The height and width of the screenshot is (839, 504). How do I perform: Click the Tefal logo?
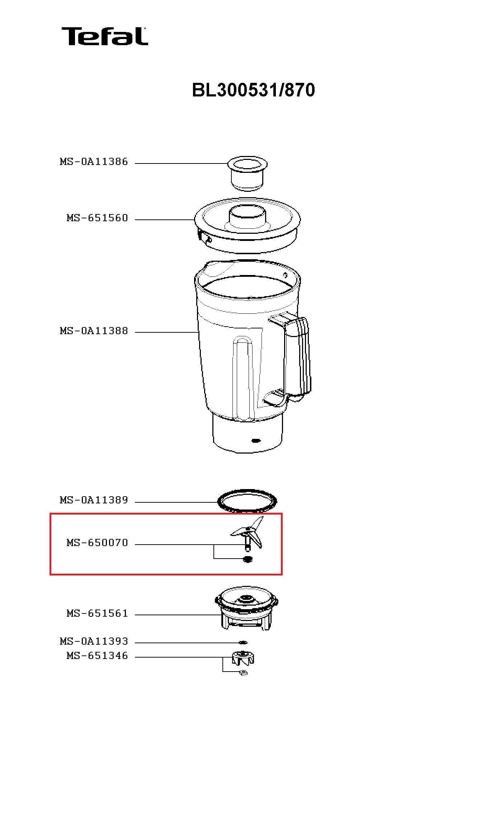click(104, 36)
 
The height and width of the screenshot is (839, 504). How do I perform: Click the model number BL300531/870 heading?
click(253, 90)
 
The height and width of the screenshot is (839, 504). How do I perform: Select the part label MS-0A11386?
click(94, 162)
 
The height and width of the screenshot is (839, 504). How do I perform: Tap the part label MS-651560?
click(97, 218)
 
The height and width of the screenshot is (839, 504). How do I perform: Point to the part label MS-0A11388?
click(94, 331)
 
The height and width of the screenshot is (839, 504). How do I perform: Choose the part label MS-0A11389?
click(94, 500)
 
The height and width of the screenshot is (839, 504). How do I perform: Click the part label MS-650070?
click(97, 543)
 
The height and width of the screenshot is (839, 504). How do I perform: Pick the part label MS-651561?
click(97, 613)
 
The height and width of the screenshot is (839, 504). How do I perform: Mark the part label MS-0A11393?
click(94, 641)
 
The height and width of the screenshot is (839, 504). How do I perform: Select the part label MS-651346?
click(97, 656)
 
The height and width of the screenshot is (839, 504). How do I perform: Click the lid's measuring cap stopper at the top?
click(247, 172)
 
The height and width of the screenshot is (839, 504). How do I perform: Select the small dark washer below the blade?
click(248, 559)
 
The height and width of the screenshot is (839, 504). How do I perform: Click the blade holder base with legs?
click(247, 611)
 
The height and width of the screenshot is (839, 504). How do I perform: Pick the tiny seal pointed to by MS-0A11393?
click(243, 642)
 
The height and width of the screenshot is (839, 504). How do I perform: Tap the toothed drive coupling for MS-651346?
click(244, 658)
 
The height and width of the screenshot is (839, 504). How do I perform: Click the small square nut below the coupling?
click(243, 673)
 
